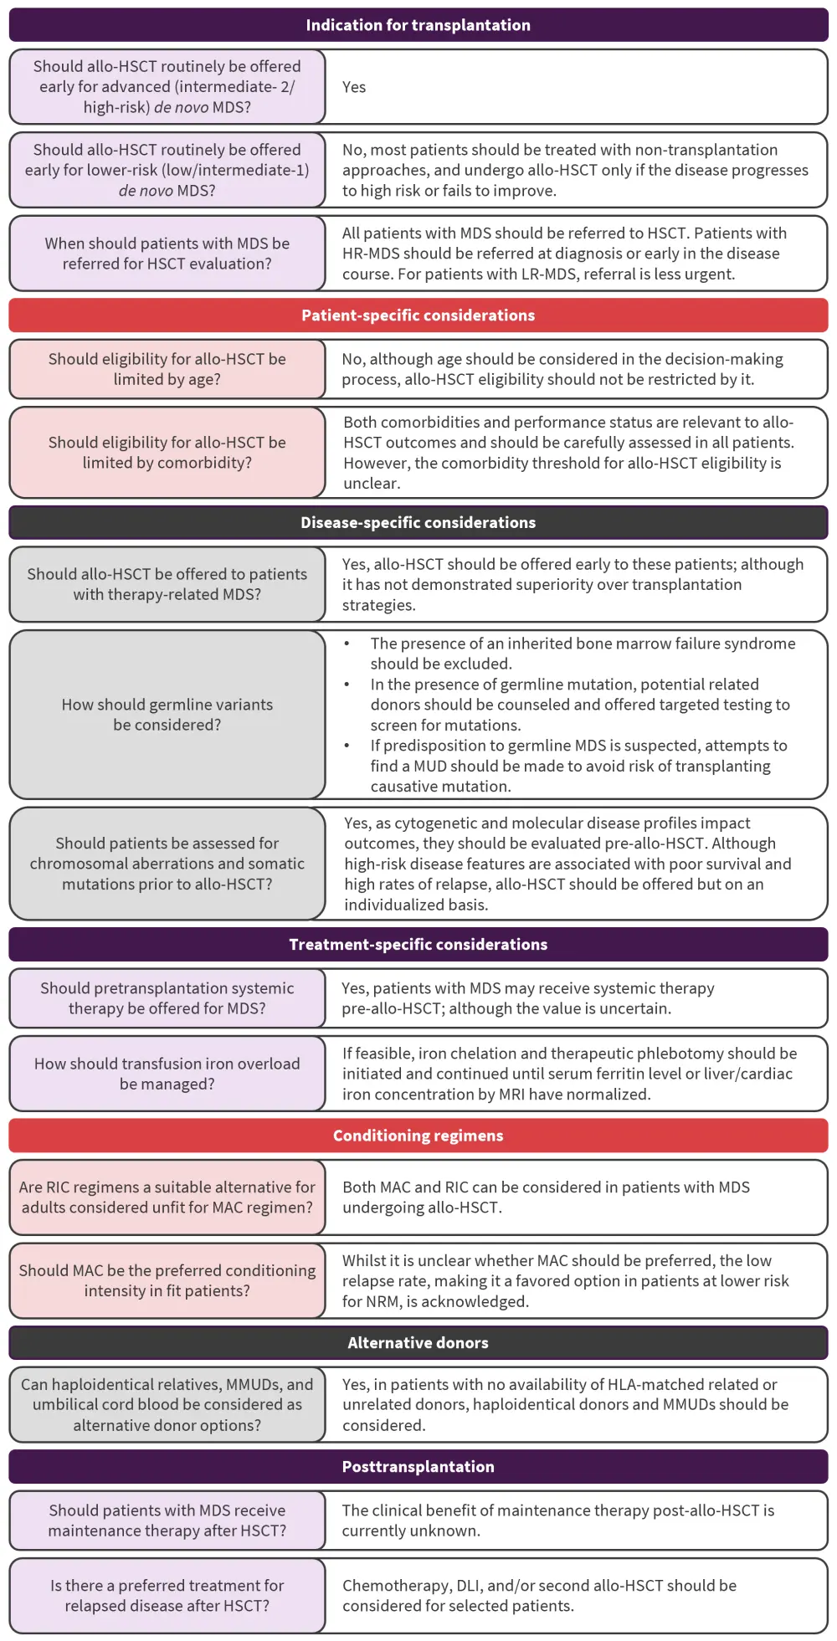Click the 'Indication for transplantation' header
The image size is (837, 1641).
point(418,25)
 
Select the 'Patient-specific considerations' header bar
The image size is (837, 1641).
point(418,315)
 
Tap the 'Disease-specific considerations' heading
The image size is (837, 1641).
point(418,522)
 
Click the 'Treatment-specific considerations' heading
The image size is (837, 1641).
point(418,944)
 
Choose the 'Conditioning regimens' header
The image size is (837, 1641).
point(418,1136)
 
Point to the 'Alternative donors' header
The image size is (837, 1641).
point(418,1342)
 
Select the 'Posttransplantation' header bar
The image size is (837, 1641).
point(418,1466)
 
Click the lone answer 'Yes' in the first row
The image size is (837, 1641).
point(354,87)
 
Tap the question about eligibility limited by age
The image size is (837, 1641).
point(167,369)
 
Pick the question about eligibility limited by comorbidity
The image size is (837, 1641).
point(167,453)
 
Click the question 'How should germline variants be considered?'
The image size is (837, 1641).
point(167,715)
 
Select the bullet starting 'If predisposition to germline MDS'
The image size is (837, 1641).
point(578,766)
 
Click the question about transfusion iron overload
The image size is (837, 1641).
point(167,1074)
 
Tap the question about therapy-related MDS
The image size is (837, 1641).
point(167,584)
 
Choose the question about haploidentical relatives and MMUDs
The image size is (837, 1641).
point(167,1404)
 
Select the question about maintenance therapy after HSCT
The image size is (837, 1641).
point(167,1520)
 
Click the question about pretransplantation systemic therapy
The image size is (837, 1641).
point(167,998)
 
